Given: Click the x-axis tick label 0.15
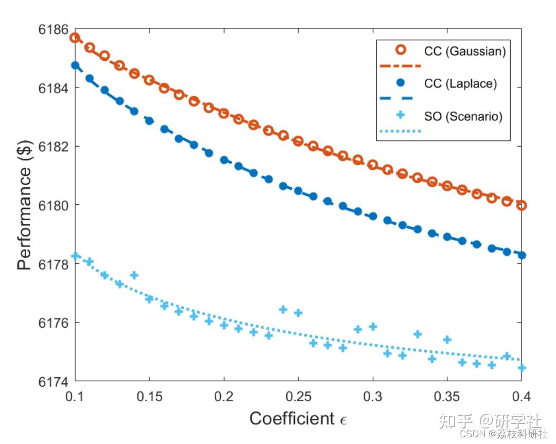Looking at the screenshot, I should (149, 396).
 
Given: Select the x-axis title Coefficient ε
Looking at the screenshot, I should (298, 419).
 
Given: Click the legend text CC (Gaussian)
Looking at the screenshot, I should (464, 51).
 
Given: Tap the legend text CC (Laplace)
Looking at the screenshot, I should (460, 84).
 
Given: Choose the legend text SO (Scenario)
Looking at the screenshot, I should (463, 117).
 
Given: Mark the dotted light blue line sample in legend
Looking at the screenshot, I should (400, 131).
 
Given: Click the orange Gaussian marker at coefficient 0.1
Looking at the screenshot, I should (75, 38).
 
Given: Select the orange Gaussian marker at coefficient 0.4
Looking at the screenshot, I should (522, 205).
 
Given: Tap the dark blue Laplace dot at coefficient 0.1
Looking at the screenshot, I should (75, 65).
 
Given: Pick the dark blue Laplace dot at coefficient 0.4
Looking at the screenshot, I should (522, 255).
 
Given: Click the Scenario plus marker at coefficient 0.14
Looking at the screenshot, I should (134, 275).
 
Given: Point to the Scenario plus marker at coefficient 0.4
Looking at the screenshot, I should (522, 368).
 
